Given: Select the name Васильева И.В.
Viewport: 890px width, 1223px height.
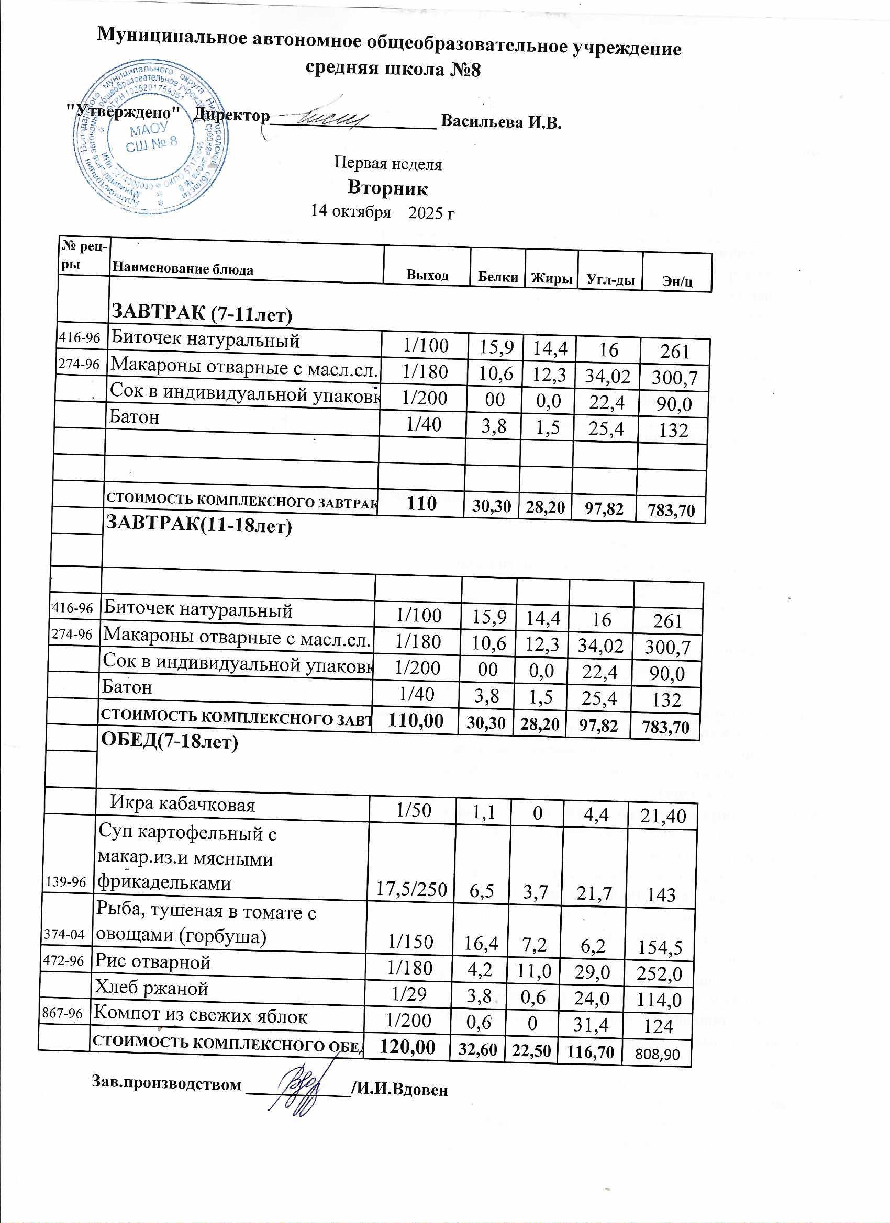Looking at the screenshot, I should tap(502, 121).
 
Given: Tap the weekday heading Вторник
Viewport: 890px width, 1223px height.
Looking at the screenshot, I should tap(387, 188).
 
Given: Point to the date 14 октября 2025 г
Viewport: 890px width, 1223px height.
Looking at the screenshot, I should tap(383, 212).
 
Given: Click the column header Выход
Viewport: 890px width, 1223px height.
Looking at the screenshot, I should tap(427, 275).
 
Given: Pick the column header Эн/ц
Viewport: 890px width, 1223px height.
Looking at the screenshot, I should tap(677, 281).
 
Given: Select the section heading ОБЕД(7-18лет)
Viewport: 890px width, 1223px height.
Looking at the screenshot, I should tap(170, 742).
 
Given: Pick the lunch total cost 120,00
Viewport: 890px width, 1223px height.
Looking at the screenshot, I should tap(407, 1047).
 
